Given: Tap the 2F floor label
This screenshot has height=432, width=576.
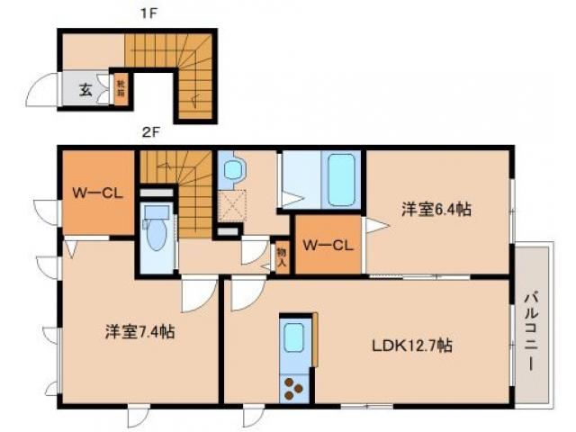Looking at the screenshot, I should tap(149, 133).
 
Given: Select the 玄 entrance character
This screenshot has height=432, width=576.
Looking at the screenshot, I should tap(84, 90).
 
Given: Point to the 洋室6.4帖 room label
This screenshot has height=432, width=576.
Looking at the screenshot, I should tap(436, 210).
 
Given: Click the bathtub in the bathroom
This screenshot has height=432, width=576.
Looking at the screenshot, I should tap(342, 180).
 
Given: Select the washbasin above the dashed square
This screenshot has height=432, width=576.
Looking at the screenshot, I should tap(232, 168).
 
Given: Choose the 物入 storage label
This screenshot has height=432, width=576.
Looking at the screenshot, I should tap(281, 256).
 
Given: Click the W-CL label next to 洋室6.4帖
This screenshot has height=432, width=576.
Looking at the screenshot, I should tap(327, 244).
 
